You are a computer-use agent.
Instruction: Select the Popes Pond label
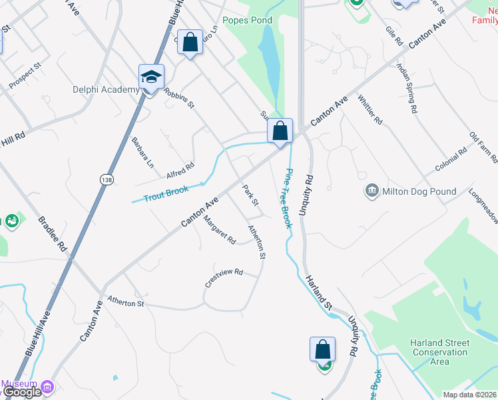(x=248, y=21)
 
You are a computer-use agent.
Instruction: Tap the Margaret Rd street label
(x=220, y=229)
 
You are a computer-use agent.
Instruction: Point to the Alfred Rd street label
(x=180, y=171)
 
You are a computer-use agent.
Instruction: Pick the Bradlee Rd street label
(x=53, y=233)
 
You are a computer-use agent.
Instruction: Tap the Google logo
(x=22, y=392)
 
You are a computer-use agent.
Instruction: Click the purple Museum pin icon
(x=47, y=387)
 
